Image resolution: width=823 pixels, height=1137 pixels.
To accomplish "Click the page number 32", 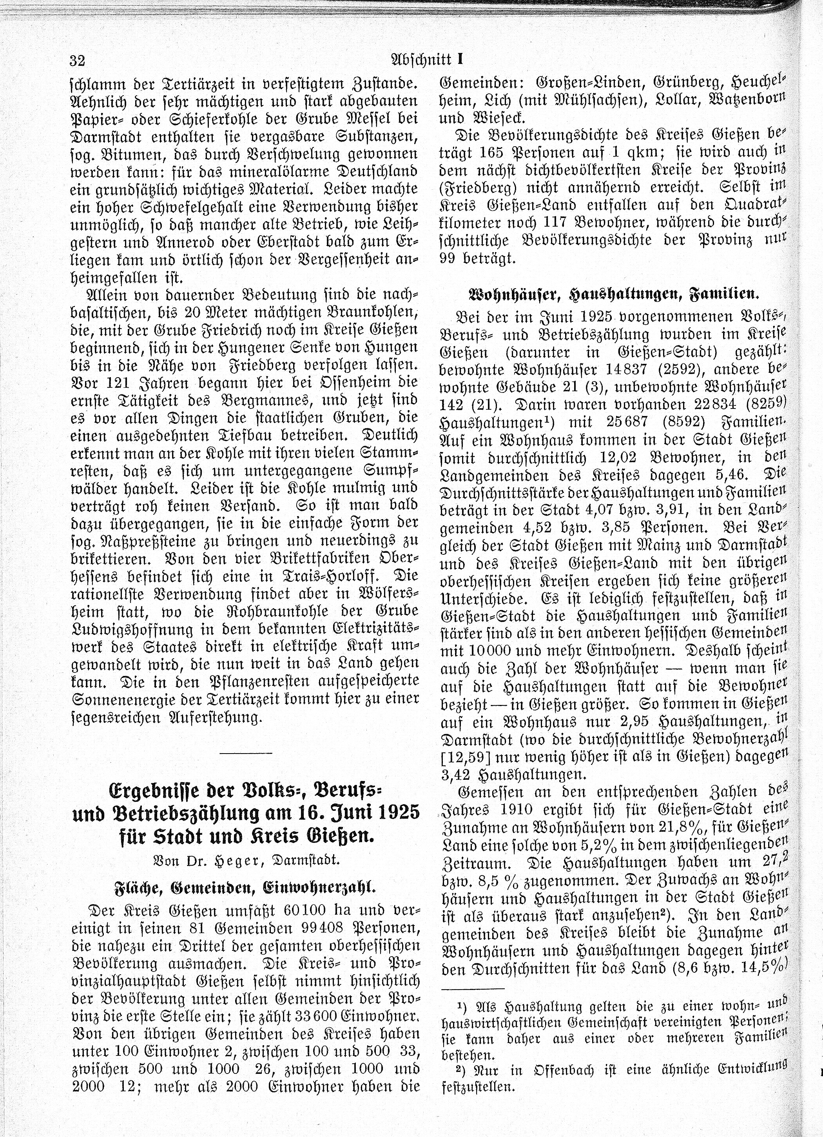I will (78, 61).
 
